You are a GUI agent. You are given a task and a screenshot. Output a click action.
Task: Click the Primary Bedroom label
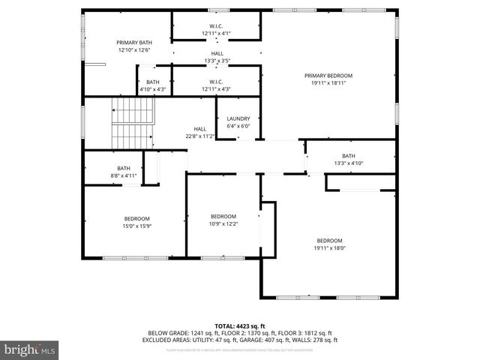(328, 76)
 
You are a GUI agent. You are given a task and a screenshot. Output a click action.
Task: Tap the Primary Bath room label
(134, 43)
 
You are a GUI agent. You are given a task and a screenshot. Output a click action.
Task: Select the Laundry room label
(238, 118)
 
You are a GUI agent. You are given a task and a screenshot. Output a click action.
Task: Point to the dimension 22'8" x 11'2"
(199, 136)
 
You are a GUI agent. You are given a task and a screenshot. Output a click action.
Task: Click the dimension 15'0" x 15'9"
(136, 226)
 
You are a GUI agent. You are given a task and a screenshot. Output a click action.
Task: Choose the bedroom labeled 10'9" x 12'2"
(223, 223)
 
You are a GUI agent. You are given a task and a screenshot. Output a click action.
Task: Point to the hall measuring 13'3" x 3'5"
(217, 58)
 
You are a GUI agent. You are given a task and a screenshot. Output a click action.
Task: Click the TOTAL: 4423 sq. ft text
(239, 325)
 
